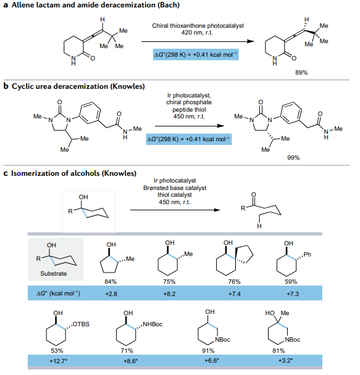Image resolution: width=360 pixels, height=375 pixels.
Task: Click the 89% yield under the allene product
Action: click(301, 73)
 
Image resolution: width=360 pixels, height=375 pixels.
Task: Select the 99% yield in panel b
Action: click(293, 158)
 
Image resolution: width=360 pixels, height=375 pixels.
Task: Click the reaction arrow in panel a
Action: click(198, 41)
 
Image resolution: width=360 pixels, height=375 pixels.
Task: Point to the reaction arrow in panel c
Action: click(175, 210)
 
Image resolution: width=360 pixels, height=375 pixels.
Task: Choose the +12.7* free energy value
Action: click(58, 361)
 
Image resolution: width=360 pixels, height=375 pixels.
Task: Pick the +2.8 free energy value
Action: click(111, 294)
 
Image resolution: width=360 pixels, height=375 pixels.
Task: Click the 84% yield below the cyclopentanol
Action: click(111, 282)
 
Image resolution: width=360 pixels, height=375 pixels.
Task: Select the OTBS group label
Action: click(81, 324)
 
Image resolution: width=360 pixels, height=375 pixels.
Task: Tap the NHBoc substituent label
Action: click(153, 324)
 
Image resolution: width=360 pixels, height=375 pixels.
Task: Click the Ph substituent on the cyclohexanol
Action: click(308, 255)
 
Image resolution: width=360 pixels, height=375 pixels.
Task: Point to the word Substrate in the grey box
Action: click(53, 274)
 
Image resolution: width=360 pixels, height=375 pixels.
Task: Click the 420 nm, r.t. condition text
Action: click(197, 33)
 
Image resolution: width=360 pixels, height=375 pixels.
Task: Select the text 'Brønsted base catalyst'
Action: click(175, 188)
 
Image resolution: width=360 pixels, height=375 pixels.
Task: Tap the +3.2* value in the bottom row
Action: click(285, 360)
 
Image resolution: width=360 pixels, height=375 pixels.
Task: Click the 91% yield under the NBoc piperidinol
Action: click(208, 351)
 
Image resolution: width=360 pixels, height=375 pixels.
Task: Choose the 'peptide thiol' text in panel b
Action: click(189, 110)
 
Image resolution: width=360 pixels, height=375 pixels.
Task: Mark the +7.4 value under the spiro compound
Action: click(234, 294)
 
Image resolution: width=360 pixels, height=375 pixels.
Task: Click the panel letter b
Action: click(6, 86)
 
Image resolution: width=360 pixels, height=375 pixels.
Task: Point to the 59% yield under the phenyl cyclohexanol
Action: click(291, 282)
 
